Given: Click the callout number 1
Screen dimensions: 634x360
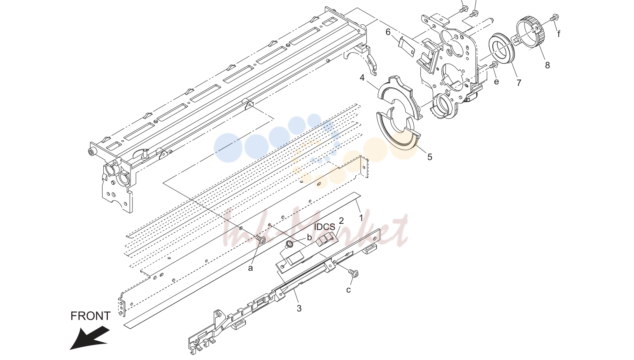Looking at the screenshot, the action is pyautogui.click(x=361, y=218).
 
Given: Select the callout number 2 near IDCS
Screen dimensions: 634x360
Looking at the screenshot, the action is pyautogui.click(x=341, y=221).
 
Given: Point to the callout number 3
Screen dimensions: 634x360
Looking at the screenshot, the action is pyautogui.click(x=299, y=308).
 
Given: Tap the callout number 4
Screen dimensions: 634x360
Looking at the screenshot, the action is pyautogui.click(x=362, y=77).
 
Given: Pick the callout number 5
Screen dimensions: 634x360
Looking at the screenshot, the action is pyautogui.click(x=430, y=157).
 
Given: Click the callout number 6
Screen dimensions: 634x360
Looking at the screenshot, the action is pyautogui.click(x=388, y=32).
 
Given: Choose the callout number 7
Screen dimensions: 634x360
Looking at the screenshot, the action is pyautogui.click(x=519, y=83).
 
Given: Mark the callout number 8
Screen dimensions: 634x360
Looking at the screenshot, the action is pyautogui.click(x=548, y=65).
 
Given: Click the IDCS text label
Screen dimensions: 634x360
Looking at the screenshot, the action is pyautogui.click(x=325, y=227).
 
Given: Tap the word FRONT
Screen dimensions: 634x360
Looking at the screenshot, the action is pyautogui.click(x=90, y=316).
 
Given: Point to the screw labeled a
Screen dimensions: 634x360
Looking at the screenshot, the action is pyautogui.click(x=261, y=239).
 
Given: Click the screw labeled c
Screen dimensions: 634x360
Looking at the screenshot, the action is pyautogui.click(x=354, y=273).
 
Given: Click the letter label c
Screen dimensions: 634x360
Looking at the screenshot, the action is pyautogui.click(x=349, y=290).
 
